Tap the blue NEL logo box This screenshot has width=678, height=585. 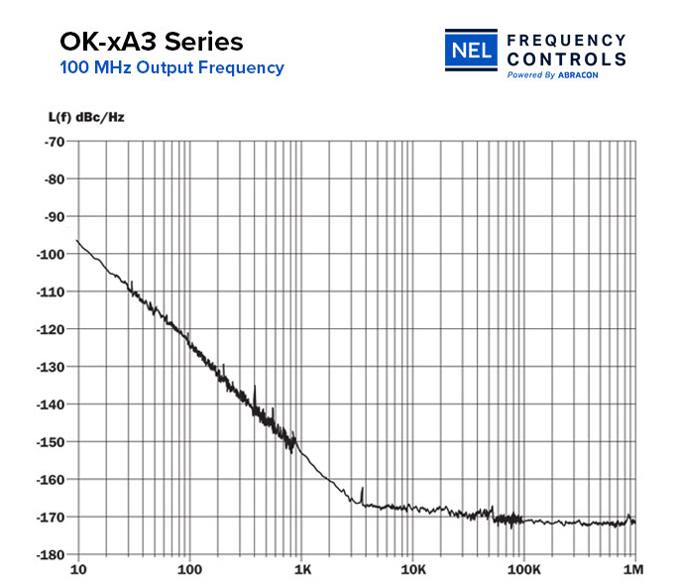(x=471, y=51)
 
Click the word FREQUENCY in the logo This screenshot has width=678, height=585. (x=566, y=40)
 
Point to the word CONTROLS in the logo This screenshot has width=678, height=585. (x=566, y=58)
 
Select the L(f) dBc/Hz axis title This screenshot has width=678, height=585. (x=86, y=117)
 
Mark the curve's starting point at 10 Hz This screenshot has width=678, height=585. (x=77, y=240)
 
